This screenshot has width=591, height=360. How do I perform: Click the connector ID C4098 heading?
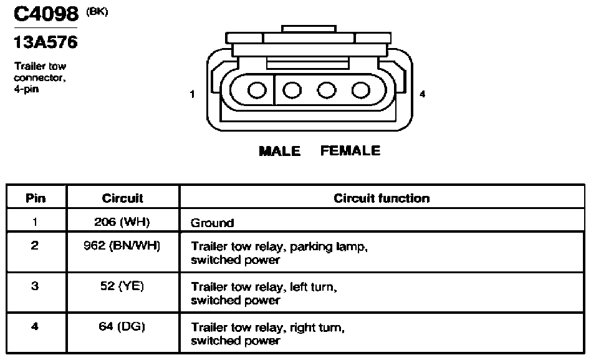point(46,14)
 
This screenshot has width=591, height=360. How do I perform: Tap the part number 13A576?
point(46,42)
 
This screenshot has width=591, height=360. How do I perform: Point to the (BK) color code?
point(97,12)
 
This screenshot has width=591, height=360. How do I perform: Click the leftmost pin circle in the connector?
point(257,90)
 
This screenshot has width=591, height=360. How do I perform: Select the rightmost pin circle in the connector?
point(361,90)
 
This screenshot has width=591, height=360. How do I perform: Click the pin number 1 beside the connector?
point(192,94)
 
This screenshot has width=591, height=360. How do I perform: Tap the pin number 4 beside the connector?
point(422,94)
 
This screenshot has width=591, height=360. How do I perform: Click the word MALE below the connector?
point(279,151)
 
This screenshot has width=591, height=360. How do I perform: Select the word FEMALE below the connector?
point(350,150)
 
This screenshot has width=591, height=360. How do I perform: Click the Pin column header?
point(36,198)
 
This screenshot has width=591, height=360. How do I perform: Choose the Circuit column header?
point(122,198)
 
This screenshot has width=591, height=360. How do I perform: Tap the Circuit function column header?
point(382,198)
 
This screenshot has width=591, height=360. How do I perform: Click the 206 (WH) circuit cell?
point(122,221)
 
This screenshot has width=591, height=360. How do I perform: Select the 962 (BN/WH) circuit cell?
point(122,246)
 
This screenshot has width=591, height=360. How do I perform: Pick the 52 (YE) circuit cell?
point(122,286)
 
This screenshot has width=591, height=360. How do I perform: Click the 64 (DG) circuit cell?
point(122,326)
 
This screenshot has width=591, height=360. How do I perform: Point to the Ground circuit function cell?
point(212,223)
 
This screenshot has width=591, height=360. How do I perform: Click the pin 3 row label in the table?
point(35,286)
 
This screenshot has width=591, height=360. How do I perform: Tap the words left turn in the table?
point(312,287)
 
